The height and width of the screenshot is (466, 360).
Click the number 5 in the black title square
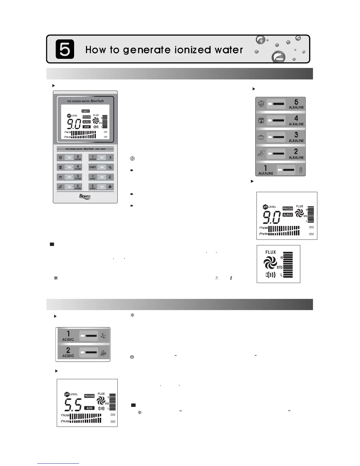click(65, 49)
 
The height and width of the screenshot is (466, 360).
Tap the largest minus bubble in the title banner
click(278, 57)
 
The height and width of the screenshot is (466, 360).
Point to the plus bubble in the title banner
click(261, 40)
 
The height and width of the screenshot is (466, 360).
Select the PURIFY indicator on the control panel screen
click(86, 111)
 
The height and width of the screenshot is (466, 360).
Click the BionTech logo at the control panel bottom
click(85, 197)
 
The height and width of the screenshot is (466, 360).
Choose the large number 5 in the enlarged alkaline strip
click(296, 102)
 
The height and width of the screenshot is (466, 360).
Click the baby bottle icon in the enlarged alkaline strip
click(301, 170)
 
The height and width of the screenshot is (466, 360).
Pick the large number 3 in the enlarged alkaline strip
click(296, 135)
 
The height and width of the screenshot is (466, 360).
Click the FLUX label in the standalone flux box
click(271, 252)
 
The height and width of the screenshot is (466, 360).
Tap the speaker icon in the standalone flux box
click(271, 275)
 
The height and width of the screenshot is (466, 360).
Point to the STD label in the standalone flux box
click(279, 267)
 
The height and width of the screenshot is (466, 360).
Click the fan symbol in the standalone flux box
click(270, 262)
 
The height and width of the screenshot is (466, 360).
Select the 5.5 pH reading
click(73, 405)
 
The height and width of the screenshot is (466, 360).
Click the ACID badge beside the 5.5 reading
click(89, 408)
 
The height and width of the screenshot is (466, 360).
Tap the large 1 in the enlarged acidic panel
click(68, 334)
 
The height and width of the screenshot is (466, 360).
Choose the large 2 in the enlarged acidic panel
click(68, 350)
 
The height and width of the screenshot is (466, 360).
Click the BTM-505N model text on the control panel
click(100, 149)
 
